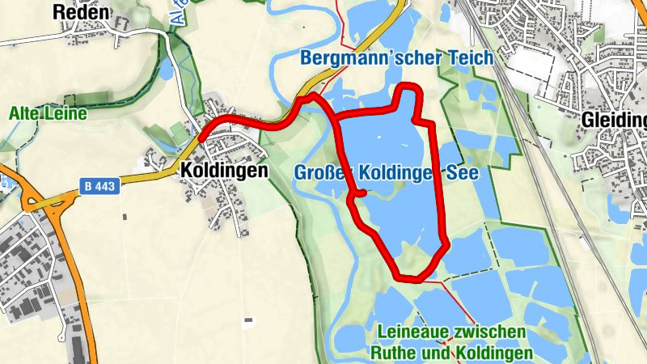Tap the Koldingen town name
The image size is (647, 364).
(x=224, y=171)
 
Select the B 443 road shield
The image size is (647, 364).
(x=100, y=186)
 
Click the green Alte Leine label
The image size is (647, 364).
(x=48, y=114)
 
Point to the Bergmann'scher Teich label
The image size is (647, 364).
(x=396, y=58)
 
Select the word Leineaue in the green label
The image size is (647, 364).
(x=412, y=333)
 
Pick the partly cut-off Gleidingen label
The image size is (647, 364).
(x=614, y=121)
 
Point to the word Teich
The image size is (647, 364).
(x=470, y=58)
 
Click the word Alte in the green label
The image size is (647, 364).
(x=24, y=114)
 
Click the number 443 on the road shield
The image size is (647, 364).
(x=105, y=186)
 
